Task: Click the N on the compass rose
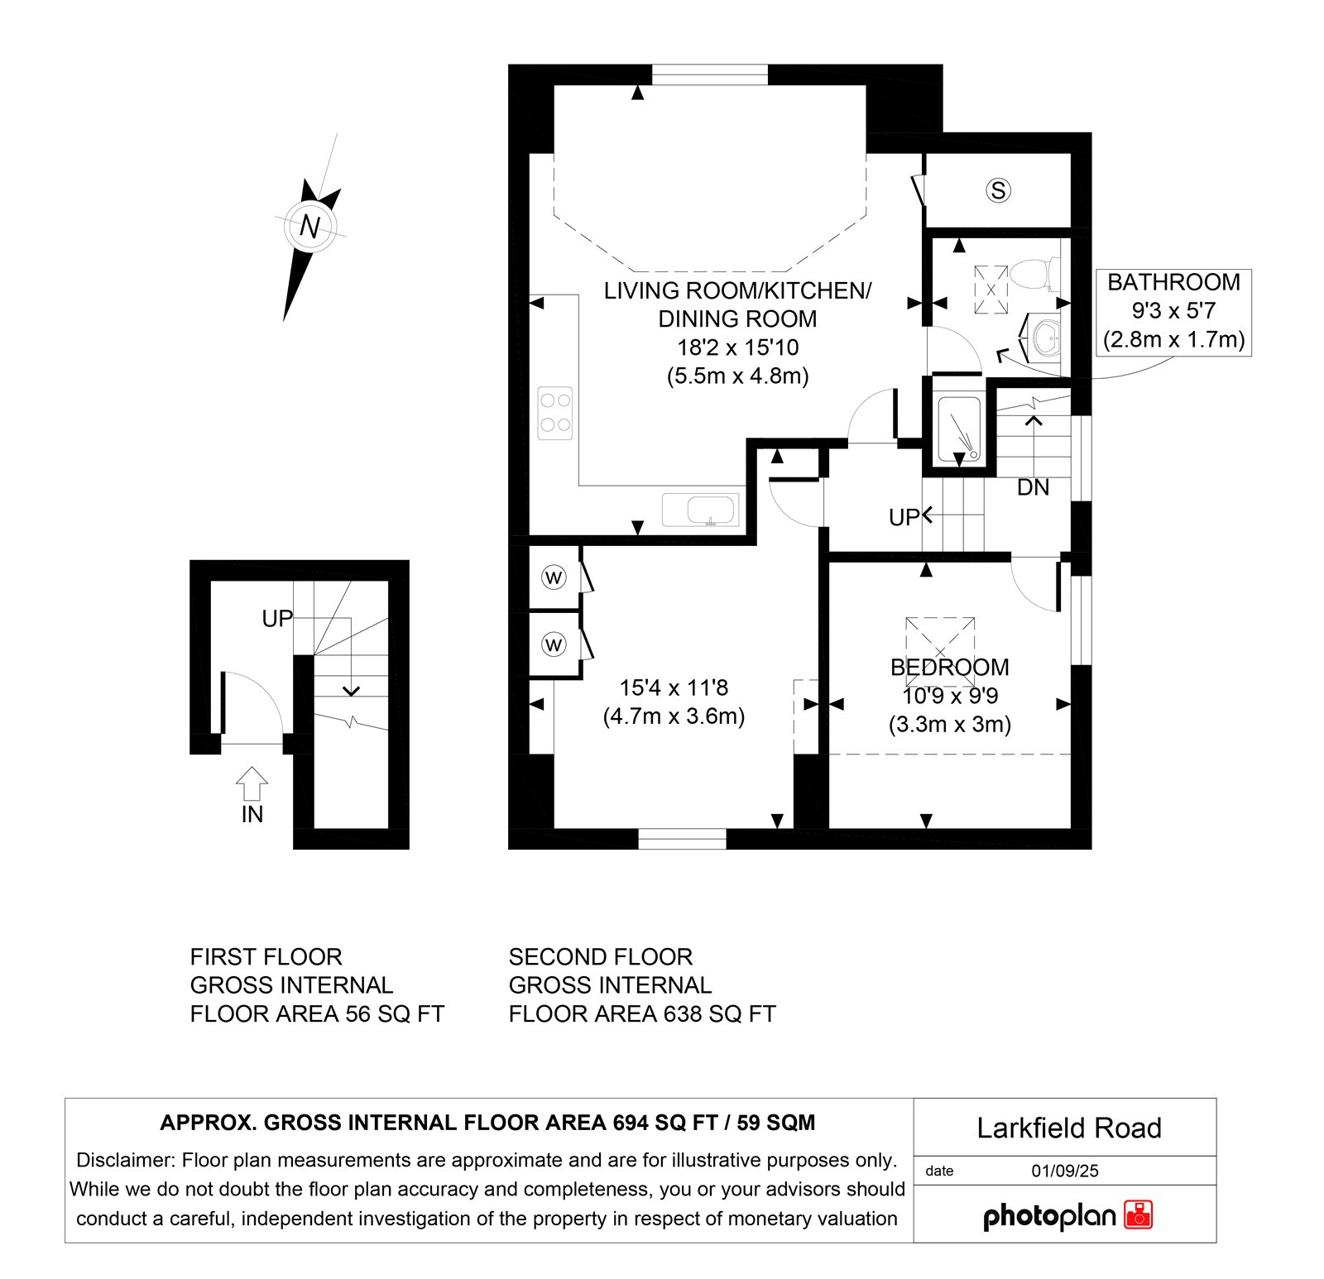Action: (309, 226)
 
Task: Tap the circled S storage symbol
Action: (999, 190)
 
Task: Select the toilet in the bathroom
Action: (1034, 274)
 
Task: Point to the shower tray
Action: (958, 429)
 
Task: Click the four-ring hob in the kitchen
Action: (555, 413)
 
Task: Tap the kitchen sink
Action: (700, 510)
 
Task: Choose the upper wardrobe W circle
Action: (554, 577)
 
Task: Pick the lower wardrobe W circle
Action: (554, 644)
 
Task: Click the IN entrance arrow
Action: (252, 783)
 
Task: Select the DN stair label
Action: (1033, 488)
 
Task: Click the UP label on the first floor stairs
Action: (277, 619)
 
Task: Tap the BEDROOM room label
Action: (950, 667)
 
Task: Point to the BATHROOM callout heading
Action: (1173, 282)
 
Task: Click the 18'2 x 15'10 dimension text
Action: (738, 347)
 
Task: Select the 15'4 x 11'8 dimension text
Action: (674, 687)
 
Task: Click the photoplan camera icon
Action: (1139, 1214)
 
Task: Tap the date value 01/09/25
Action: (1065, 1171)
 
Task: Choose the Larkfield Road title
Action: (1069, 1128)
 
